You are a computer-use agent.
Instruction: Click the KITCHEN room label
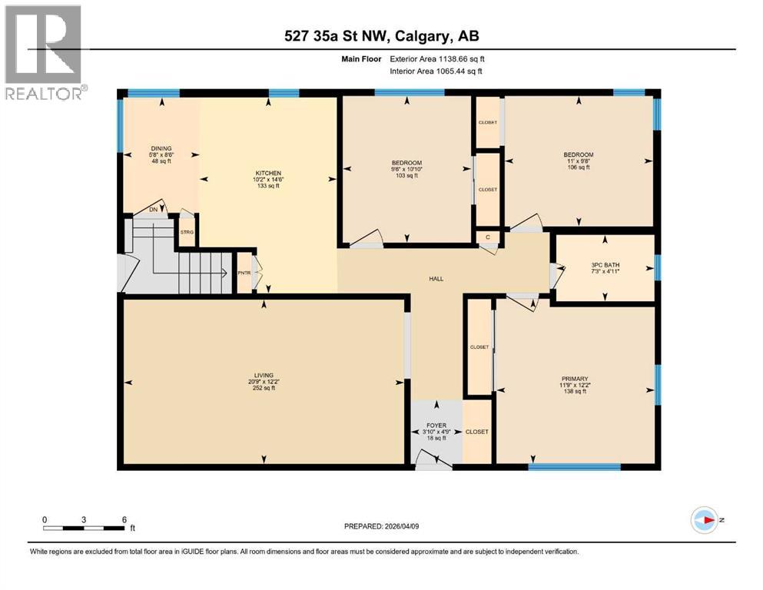(x=268, y=173)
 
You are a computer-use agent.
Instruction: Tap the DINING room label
(x=161, y=148)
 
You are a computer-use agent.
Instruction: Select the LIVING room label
(x=265, y=375)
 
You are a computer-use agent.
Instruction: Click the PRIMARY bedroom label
(x=575, y=379)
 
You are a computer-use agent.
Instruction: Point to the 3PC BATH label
(x=605, y=265)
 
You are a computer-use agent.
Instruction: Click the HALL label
(x=436, y=279)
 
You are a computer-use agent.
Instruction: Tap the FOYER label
(x=436, y=425)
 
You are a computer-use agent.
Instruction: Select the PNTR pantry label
(x=244, y=273)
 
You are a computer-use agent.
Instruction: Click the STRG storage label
(x=187, y=231)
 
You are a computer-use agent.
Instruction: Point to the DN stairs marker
(x=154, y=209)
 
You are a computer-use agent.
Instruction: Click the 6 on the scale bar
(x=124, y=519)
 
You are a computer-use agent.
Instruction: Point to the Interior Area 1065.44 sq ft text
(x=437, y=71)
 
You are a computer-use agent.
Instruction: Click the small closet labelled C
(x=488, y=237)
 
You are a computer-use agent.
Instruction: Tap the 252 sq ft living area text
(x=265, y=388)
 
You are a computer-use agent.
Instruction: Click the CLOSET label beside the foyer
(x=476, y=432)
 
